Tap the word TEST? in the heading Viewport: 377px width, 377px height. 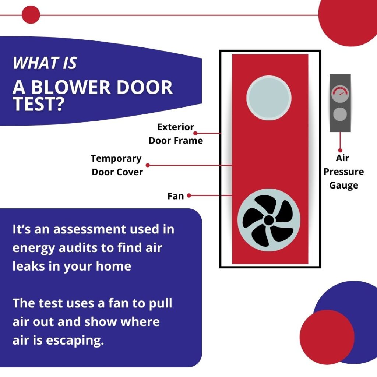[38, 105]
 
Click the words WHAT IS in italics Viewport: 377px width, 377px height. [45, 63]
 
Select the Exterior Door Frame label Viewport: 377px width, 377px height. [176, 134]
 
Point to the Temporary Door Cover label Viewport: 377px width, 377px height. [117, 165]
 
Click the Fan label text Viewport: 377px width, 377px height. [176, 196]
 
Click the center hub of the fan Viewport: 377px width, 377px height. [269, 220]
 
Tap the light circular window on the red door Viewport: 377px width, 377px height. [269, 98]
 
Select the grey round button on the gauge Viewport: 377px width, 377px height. [340, 114]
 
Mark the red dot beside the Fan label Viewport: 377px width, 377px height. [189, 196]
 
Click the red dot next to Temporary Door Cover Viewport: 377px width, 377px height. [148, 165]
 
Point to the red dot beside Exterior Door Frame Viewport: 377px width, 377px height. [195, 133]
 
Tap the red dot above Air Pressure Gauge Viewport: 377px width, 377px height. [340, 150]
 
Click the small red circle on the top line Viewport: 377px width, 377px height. [31, 15]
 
